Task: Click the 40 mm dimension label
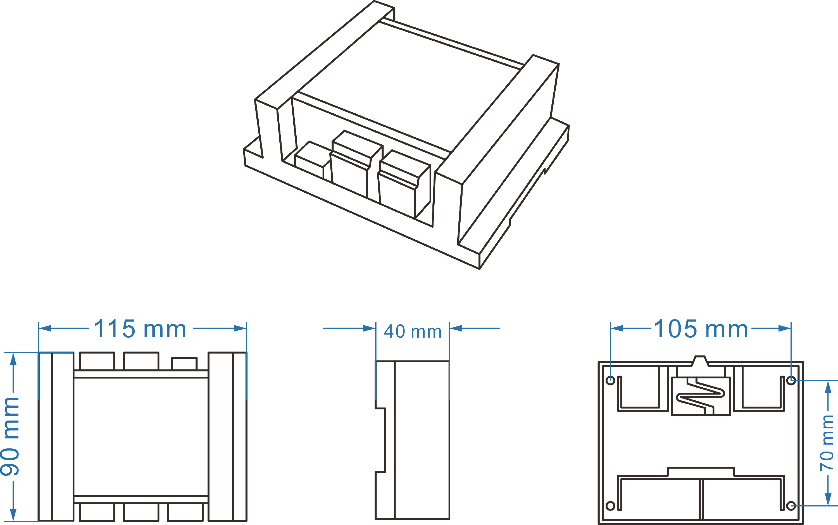413,331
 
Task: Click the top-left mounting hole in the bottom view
610,381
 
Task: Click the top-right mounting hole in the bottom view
791,381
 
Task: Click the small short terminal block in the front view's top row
184,364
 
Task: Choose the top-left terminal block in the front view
97,361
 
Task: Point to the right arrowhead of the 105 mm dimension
785,328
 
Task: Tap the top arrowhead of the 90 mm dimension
13,359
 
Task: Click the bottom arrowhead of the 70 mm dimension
828,499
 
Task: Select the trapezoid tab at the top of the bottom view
700,361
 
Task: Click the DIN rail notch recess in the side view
380,440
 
